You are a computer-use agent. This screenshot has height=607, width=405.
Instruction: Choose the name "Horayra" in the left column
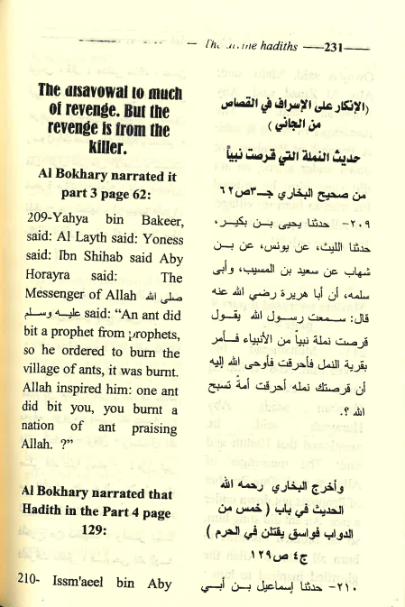coord(41,278)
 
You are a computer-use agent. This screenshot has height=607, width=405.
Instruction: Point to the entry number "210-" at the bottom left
coord(30,584)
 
